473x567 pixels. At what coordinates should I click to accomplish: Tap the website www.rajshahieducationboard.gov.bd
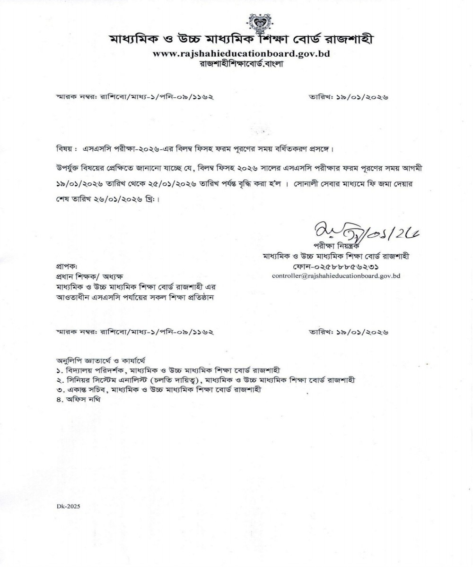pos(241,53)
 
